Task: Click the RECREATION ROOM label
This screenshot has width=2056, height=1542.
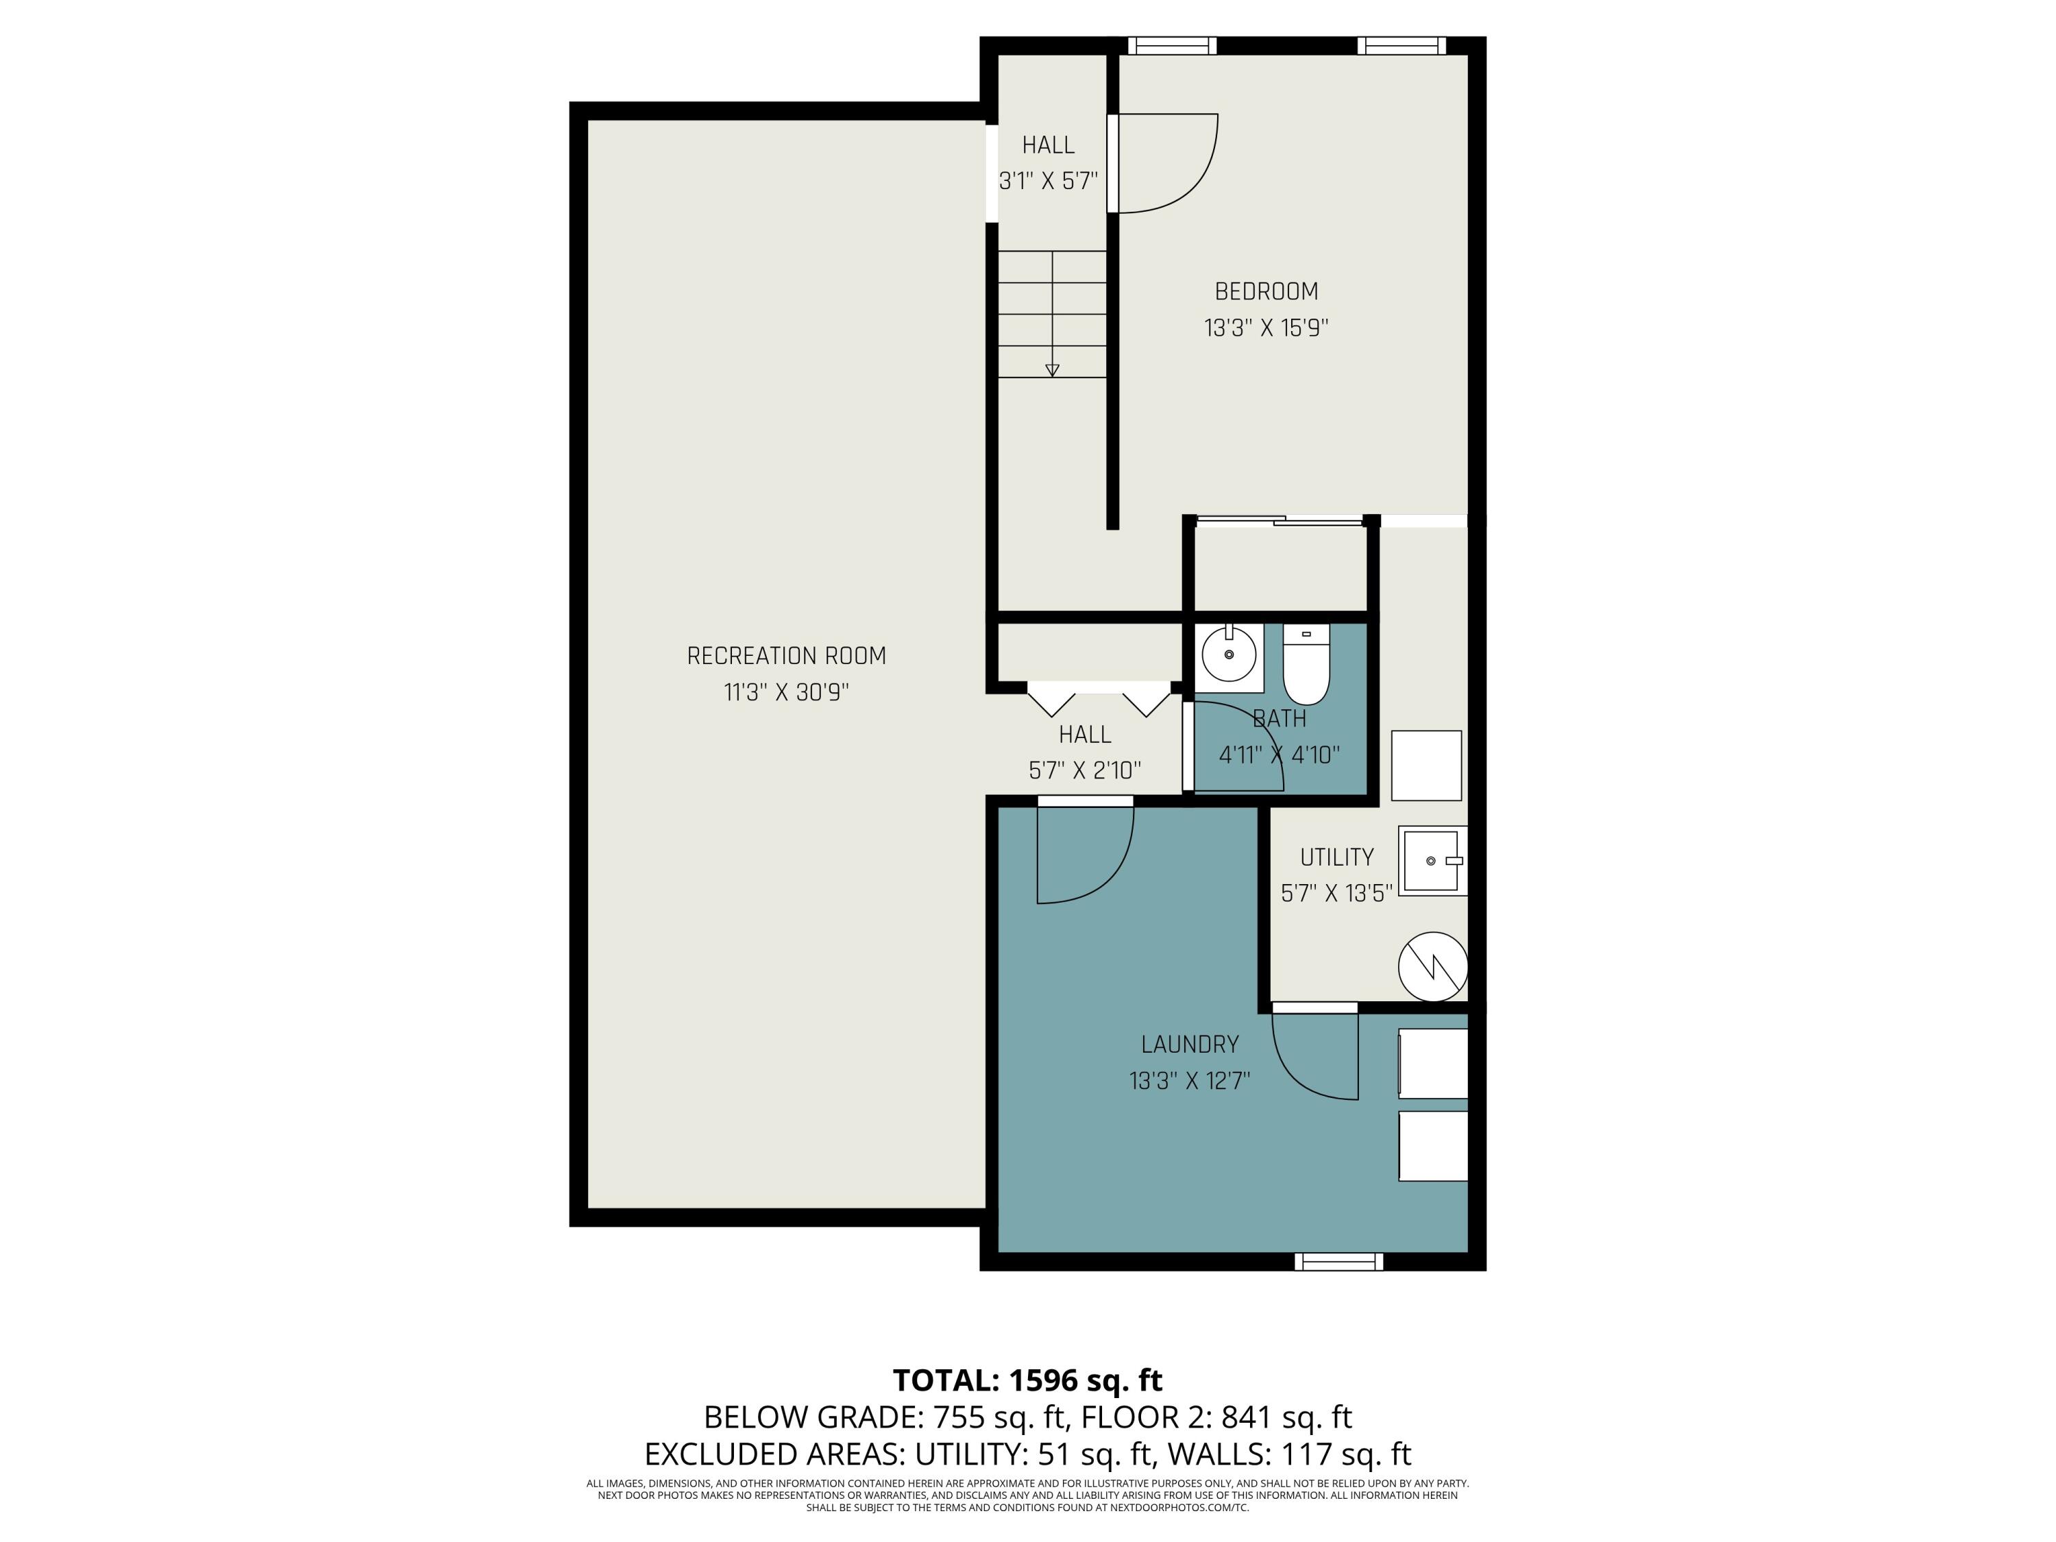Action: [786, 657]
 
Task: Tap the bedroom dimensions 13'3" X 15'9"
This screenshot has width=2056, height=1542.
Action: [1266, 328]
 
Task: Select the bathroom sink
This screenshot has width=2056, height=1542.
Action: [1229, 655]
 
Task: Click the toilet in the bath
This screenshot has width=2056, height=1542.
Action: [1306, 665]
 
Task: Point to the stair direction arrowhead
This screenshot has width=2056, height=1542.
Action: [1052, 370]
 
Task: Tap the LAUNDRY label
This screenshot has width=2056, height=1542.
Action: [1190, 1044]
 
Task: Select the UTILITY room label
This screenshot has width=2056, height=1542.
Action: [1336, 857]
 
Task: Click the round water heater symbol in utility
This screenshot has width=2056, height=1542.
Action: [1432, 966]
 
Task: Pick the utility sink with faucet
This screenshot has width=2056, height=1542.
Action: [1432, 861]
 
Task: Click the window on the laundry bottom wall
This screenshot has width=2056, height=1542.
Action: [1338, 1261]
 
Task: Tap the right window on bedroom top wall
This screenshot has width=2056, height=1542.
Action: [1401, 45]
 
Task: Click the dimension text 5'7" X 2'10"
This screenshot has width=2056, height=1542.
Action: [1085, 770]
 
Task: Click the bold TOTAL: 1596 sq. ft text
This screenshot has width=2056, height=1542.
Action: [1027, 1380]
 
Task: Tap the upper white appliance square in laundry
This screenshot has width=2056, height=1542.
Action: [1432, 1064]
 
